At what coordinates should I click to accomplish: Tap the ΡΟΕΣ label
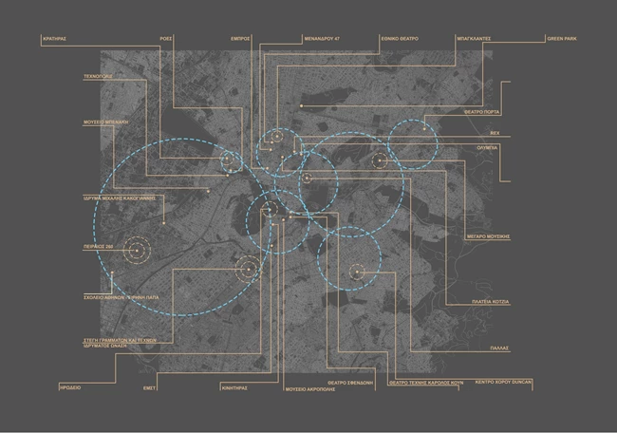tap(164, 39)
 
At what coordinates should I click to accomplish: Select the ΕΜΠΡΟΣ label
tap(239, 39)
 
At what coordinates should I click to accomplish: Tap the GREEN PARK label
tap(561, 39)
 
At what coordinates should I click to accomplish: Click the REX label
tap(495, 135)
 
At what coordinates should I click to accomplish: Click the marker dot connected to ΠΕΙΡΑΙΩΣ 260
tap(137, 251)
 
